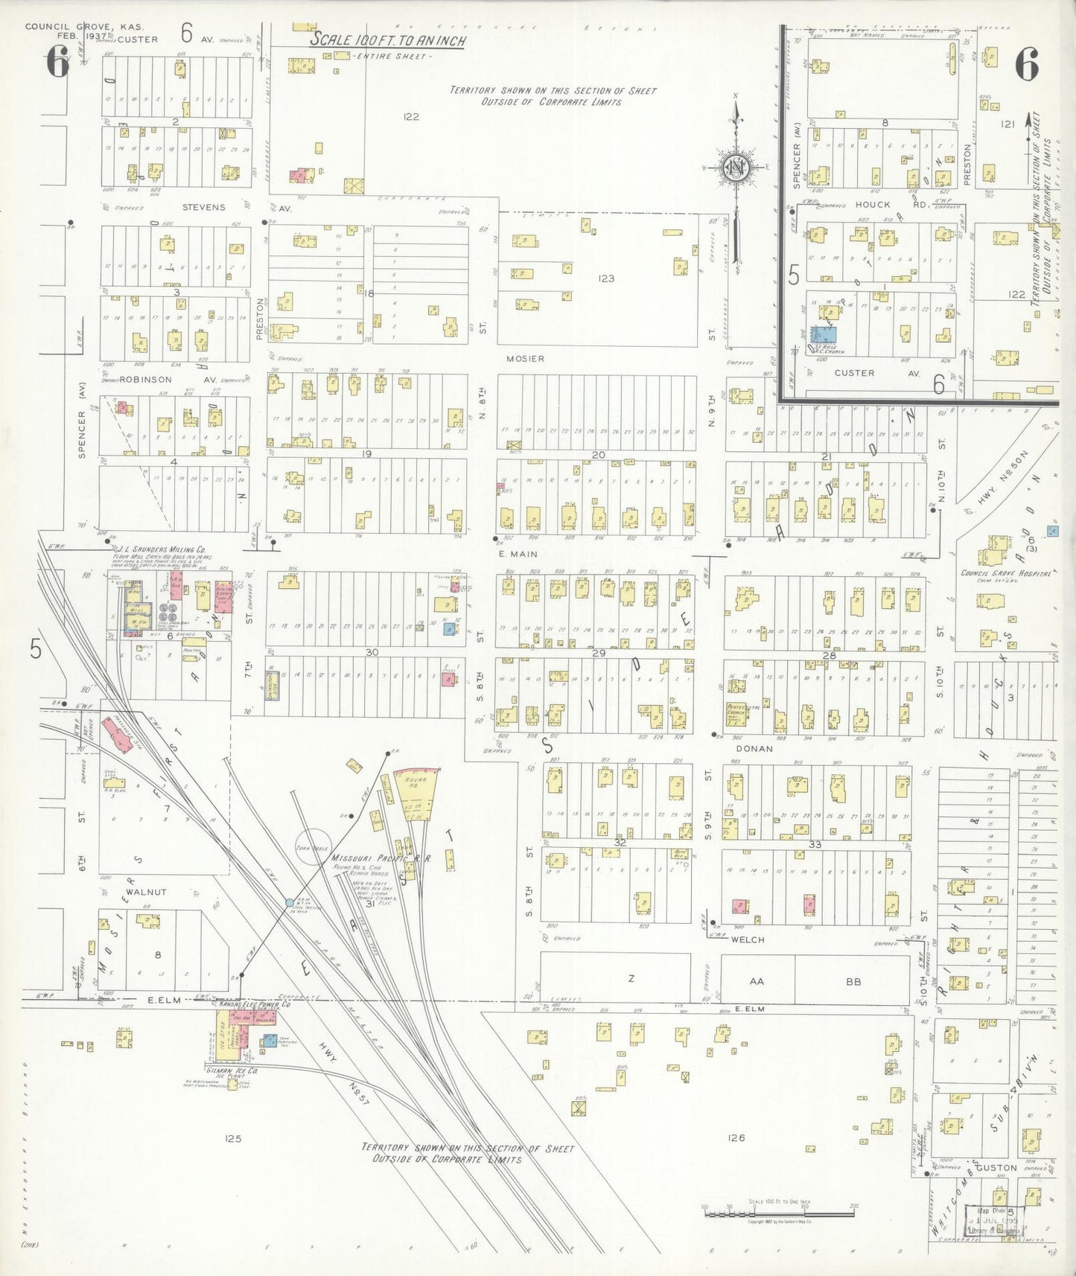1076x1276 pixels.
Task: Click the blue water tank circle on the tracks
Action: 290,902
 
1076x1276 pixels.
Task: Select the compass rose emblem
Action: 736,169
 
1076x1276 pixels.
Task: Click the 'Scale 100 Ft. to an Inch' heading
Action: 387,40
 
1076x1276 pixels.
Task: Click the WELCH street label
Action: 747,940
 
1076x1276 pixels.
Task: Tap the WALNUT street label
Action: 146,891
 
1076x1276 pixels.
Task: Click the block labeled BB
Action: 853,981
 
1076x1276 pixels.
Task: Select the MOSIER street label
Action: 525,359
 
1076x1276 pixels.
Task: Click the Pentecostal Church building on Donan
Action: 736,712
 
